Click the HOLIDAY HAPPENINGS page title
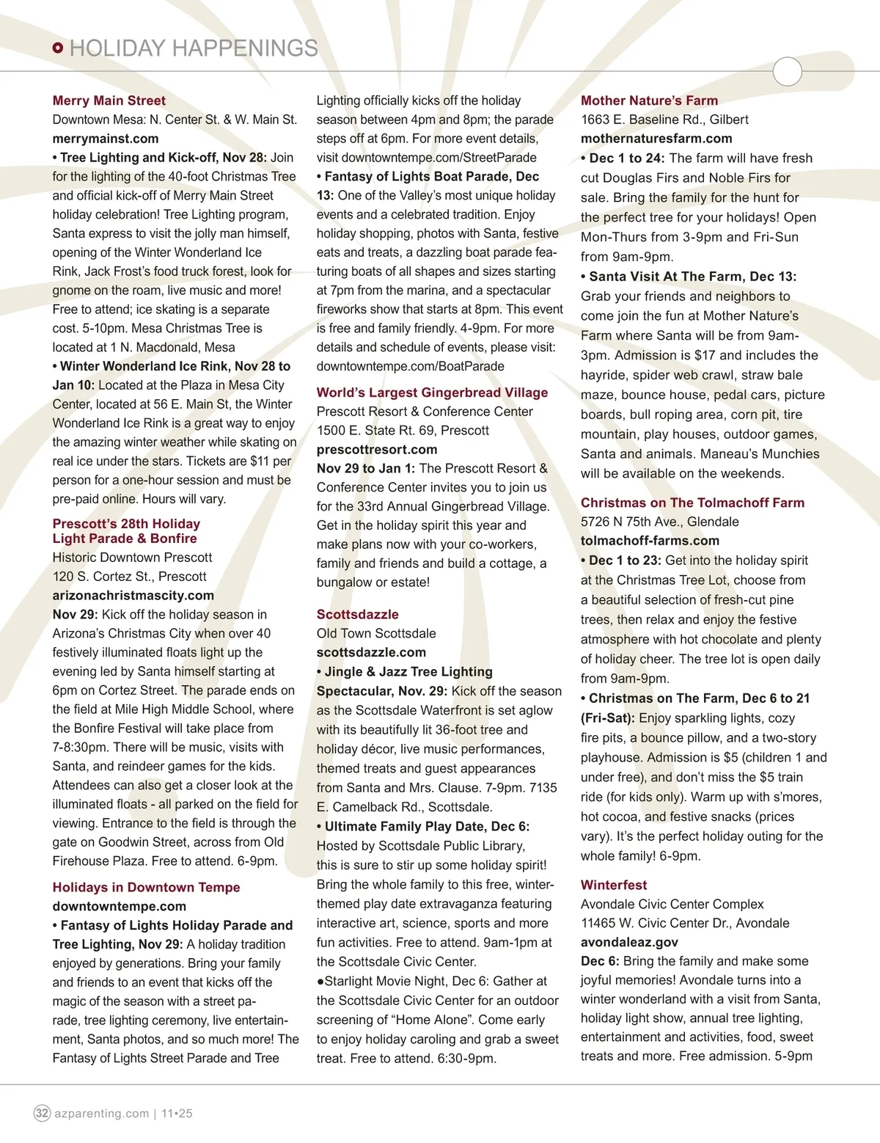pyautogui.click(x=194, y=48)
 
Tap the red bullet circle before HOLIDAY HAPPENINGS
pyautogui.click(x=59, y=48)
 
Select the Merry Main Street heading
pyautogui.click(x=109, y=101)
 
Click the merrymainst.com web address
pyautogui.click(x=105, y=139)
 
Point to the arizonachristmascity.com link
pyautogui.click(x=133, y=596)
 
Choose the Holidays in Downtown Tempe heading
pyautogui.click(x=146, y=887)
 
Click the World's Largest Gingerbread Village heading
pyautogui.click(x=432, y=392)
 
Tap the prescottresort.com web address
pyautogui.click(x=376, y=450)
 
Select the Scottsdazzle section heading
pyautogui.click(x=357, y=614)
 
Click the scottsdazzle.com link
pyautogui.click(x=371, y=652)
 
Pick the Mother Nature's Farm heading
pyautogui.click(x=649, y=101)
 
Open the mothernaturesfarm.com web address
pyautogui.click(x=656, y=139)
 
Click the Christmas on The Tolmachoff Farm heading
pyautogui.click(x=692, y=503)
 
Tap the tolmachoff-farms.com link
pyautogui.click(x=650, y=541)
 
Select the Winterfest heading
pyautogui.click(x=614, y=885)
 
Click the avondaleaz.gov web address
pyautogui.click(x=629, y=942)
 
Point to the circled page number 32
pyautogui.click(x=43, y=1113)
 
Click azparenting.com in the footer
pyautogui.click(x=102, y=1114)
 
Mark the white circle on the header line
pyautogui.click(x=788, y=71)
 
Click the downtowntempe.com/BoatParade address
pyautogui.click(x=410, y=366)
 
